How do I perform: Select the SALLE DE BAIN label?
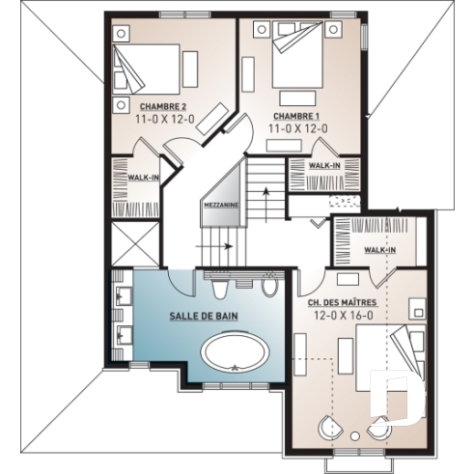coord(204,316)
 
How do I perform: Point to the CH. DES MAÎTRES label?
coord(342,303)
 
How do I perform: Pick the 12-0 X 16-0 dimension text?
coord(342,316)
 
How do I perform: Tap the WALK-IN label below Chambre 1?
coord(324,165)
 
